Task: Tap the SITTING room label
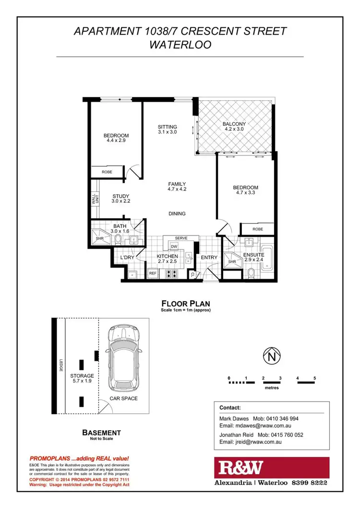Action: (168, 127)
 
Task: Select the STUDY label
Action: (121, 196)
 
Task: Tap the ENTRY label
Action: (209, 258)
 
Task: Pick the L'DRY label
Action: (127, 258)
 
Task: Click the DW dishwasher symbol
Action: (174, 247)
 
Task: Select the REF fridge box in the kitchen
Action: (153, 273)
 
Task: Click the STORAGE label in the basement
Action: (82, 376)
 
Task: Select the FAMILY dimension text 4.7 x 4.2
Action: (177, 189)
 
